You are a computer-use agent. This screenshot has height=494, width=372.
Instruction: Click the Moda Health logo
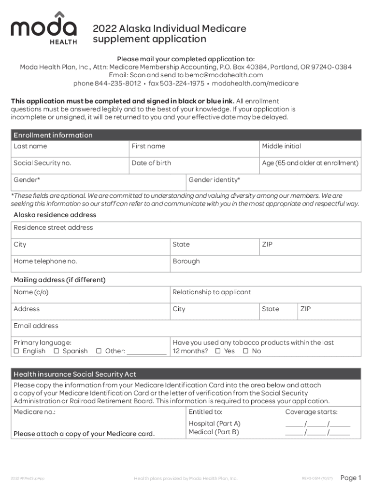pos(43,27)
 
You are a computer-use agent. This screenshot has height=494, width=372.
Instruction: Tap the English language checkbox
pos(16,351)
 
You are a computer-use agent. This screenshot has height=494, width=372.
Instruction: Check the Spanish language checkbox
pos(56,351)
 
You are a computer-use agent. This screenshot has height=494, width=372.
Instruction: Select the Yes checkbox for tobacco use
pos(217,351)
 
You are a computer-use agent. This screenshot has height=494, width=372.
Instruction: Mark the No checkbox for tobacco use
pos(245,351)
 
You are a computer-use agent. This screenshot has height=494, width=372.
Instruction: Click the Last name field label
pos(30,146)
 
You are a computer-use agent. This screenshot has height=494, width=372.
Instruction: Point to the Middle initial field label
pos(281,146)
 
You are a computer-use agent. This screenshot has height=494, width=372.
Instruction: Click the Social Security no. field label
pos(42,163)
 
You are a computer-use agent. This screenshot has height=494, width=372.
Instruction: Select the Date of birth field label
pos(151,163)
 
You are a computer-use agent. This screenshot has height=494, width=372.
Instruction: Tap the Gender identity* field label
pos(214,180)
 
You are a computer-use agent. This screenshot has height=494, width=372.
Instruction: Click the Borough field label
pos(186,261)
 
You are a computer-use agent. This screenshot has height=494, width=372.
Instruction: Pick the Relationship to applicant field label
pos(212,292)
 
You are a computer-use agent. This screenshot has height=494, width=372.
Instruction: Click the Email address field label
pos(36,326)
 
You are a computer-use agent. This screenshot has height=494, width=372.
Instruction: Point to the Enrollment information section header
pos(53,135)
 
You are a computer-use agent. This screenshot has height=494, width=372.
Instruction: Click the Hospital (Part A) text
pos(214,424)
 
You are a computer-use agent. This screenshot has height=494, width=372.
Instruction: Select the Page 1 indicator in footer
pos(351,478)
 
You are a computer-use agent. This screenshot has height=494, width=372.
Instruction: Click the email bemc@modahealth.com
pos(227,75)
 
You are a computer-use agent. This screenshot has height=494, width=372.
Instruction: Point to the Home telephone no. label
pos(45,261)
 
